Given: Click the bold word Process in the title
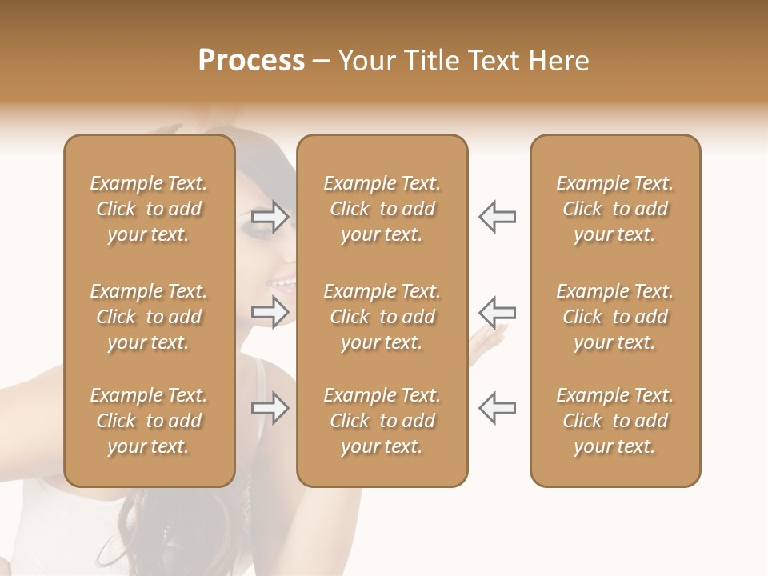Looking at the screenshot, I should [x=251, y=61].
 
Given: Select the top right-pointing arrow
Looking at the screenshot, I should [x=270, y=218].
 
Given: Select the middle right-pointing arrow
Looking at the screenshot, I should [x=270, y=312].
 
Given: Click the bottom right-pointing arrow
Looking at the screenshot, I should [x=270, y=408].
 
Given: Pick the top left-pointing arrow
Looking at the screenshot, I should [x=498, y=217].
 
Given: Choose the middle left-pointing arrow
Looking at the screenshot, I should [x=498, y=311].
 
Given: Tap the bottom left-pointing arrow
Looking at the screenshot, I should [x=498, y=407].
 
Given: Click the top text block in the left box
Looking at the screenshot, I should [x=149, y=209].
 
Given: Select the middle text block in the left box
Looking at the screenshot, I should [x=149, y=317].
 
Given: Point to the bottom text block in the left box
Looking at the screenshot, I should [x=149, y=421].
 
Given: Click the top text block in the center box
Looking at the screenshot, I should [x=382, y=209].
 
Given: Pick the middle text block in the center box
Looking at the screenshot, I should [x=382, y=317].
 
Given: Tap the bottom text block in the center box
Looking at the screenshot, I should [x=382, y=421].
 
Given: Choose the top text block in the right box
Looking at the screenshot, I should [x=615, y=209].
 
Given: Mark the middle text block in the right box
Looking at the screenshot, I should [x=615, y=317].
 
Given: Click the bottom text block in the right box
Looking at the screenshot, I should [x=615, y=421].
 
